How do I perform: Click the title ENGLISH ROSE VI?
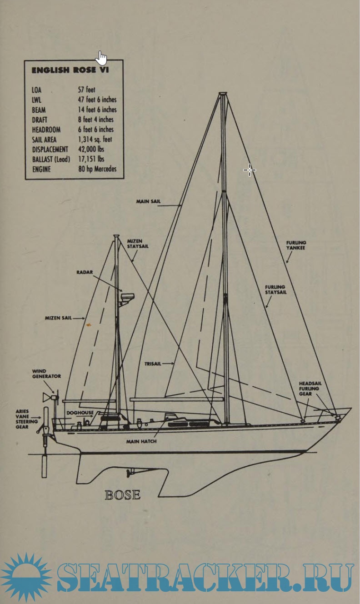click(70, 70)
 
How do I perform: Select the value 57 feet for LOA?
click(86, 90)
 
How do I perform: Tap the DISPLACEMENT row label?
click(50, 149)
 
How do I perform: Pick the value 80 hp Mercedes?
click(97, 169)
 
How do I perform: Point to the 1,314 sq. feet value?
click(95, 140)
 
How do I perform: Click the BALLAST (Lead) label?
click(51, 159)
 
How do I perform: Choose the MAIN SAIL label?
click(148, 201)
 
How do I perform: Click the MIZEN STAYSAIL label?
click(138, 243)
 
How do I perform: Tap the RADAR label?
click(84, 272)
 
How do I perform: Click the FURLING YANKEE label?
click(296, 245)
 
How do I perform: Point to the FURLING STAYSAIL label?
click(275, 290)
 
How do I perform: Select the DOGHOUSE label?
click(80, 413)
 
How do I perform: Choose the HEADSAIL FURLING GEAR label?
click(309, 389)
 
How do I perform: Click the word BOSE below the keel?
click(122, 494)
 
